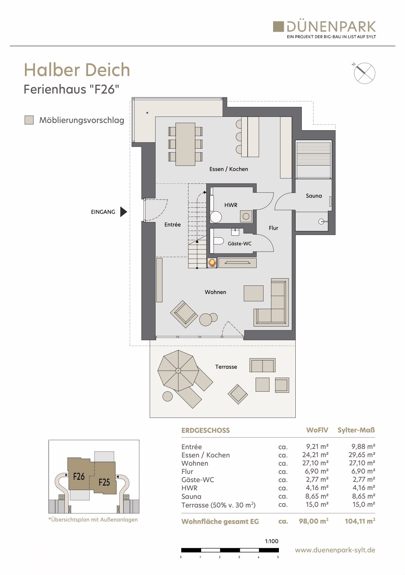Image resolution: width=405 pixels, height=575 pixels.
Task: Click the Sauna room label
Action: click(314, 196)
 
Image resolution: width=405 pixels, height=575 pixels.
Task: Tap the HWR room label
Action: click(231, 205)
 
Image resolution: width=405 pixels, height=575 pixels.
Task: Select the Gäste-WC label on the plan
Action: click(240, 244)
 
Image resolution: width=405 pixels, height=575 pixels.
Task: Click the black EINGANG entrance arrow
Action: click(123, 212)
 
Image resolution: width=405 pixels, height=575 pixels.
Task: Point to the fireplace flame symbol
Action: click(212, 263)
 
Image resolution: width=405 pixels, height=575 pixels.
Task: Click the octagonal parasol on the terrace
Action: click(178, 370)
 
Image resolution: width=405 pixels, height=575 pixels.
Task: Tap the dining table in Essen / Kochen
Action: click(185, 144)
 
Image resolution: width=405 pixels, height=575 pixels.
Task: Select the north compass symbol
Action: click(364, 73)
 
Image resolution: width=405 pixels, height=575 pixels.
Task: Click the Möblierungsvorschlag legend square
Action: click(29, 120)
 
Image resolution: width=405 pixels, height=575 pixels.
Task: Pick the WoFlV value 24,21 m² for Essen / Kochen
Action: click(315, 455)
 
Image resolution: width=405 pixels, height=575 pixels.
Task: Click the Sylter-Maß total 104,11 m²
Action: click(360, 521)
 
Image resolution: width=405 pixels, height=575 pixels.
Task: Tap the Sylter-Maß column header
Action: click(356, 430)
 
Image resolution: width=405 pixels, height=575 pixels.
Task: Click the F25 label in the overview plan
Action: click(104, 482)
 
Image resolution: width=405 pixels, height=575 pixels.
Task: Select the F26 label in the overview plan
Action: click(79, 476)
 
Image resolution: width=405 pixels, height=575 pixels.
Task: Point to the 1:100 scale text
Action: click(271, 541)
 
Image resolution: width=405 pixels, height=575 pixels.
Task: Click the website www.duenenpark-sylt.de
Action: click(335, 550)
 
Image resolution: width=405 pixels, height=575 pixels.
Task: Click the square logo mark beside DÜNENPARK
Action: click(278, 27)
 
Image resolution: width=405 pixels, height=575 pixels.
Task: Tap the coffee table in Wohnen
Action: click(254, 293)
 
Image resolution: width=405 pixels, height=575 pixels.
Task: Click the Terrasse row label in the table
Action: click(218, 505)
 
